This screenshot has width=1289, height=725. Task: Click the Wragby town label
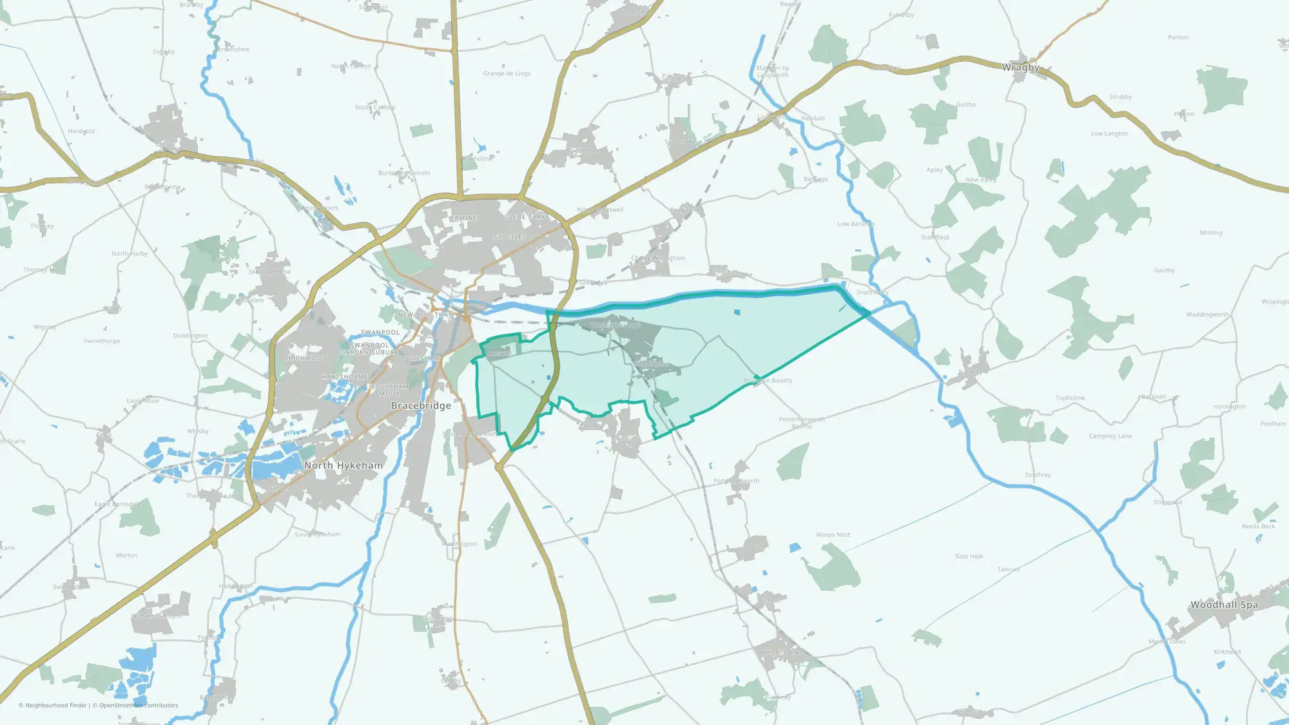[1020, 68]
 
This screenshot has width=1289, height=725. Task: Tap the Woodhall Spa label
[1223, 604]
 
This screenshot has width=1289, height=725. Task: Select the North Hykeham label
[343, 465]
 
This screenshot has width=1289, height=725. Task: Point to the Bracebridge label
[421, 405]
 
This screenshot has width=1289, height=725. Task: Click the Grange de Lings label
[507, 73]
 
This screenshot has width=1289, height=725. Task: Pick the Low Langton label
[1109, 133]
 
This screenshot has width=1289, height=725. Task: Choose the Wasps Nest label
[833, 534]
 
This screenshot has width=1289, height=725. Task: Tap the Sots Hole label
[969, 556]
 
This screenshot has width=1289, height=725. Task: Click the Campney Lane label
[1110, 436]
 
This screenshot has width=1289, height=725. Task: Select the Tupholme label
[1070, 398]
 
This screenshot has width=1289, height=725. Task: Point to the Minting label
[1210, 233]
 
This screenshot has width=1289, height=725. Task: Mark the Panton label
[1178, 37]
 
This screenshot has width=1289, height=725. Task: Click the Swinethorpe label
[102, 341]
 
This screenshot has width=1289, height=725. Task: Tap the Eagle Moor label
[143, 401]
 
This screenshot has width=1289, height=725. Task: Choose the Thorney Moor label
[44, 270]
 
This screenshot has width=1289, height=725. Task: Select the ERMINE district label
[463, 218]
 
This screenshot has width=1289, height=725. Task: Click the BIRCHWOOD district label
[305, 358]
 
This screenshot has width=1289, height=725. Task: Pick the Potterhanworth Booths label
[801, 422]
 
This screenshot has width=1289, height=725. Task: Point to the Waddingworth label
[1207, 314]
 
